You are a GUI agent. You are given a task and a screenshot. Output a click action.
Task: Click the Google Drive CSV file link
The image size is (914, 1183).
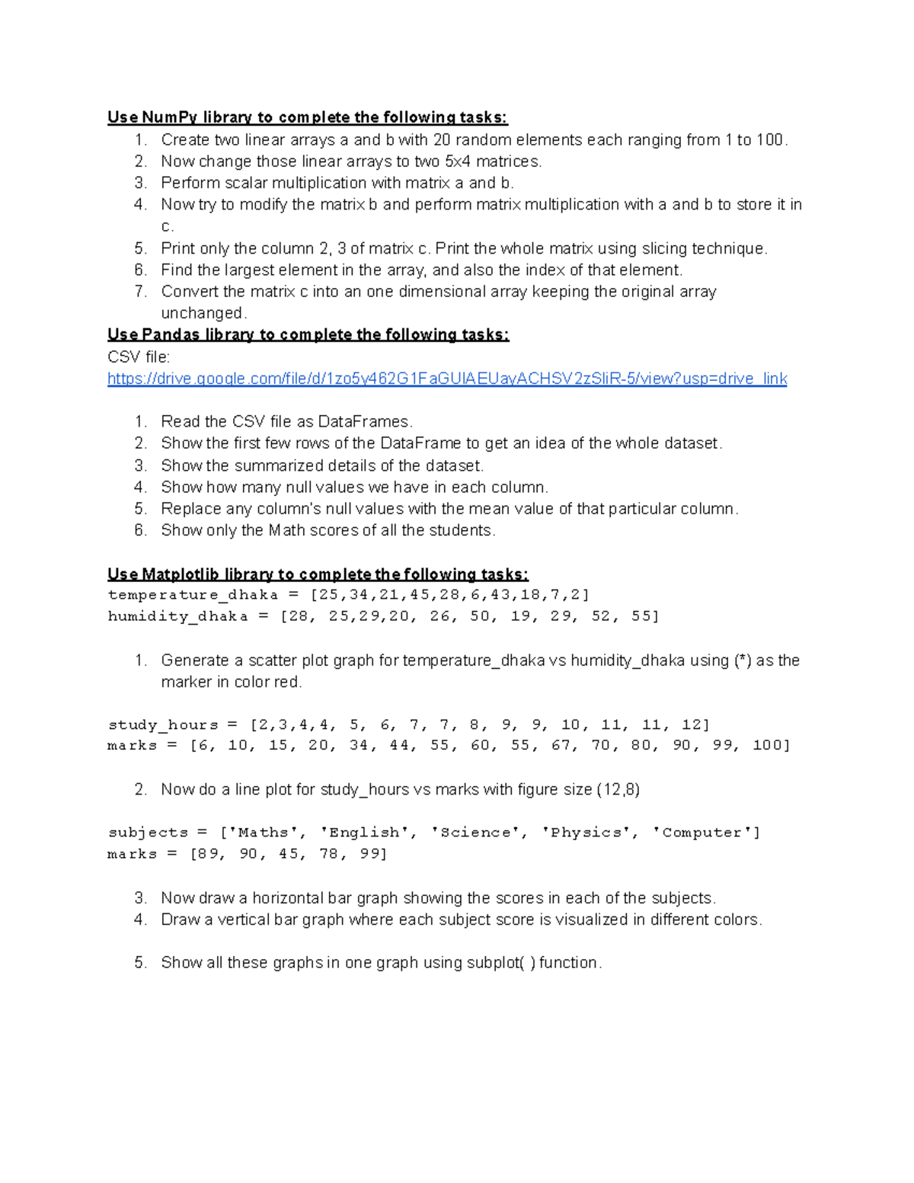(447, 379)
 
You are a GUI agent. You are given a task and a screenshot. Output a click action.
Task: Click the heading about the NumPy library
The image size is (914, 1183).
(307, 117)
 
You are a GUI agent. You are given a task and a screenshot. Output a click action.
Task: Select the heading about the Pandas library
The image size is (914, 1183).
(308, 334)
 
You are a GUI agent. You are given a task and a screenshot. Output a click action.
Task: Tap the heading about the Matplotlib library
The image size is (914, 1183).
(318, 574)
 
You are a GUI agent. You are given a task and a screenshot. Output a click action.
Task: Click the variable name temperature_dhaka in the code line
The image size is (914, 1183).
(193, 595)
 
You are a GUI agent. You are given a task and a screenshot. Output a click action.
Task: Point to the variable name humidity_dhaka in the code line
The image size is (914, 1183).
(177, 616)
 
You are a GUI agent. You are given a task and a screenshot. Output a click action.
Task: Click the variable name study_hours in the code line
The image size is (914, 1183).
(163, 724)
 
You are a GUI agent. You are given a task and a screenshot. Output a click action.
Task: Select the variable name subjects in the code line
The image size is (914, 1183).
(148, 833)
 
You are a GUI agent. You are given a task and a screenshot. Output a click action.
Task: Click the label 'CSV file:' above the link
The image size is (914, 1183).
(139, 356)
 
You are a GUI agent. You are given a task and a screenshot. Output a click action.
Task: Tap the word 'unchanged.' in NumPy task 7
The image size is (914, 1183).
(203, 313)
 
